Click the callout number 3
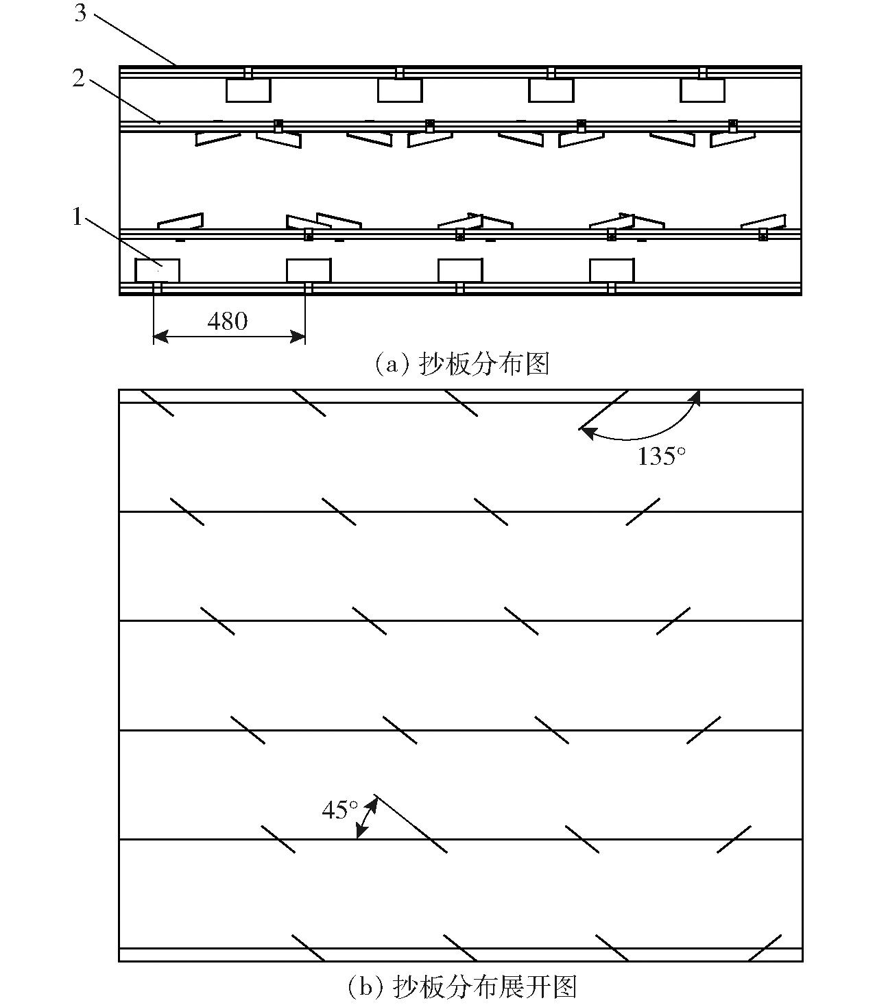pos(80,13)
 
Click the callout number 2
pos(79,78)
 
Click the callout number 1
pos(77,216)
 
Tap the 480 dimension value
pos(228,322)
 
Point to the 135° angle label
pos(661,457)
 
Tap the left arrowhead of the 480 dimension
pos(160,337)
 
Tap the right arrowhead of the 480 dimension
pos(298,337)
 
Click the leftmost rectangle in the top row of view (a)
pos(249,91)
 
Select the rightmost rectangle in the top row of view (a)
pos(703,91)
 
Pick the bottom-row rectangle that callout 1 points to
pos(157,271)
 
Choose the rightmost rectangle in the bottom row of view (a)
pos(612,271)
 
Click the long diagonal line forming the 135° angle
pos(604,410)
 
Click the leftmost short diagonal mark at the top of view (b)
pos(157,403)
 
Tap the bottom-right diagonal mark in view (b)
pos(765,947)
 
